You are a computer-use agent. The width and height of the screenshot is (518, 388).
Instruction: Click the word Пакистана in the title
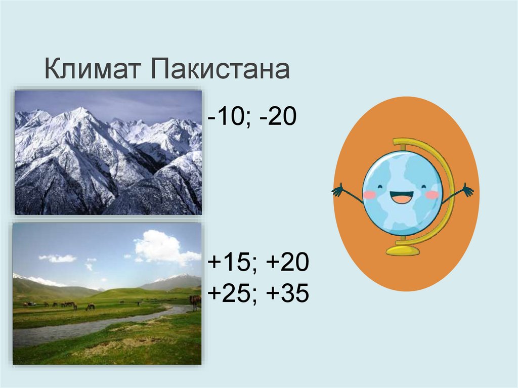[x=220, y=69]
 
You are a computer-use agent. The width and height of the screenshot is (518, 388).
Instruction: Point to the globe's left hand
[x=337, y=190]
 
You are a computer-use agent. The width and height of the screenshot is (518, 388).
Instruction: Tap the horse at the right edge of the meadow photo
[x=195, y=301]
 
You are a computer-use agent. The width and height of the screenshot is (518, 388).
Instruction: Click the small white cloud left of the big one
[x=58, y=258]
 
